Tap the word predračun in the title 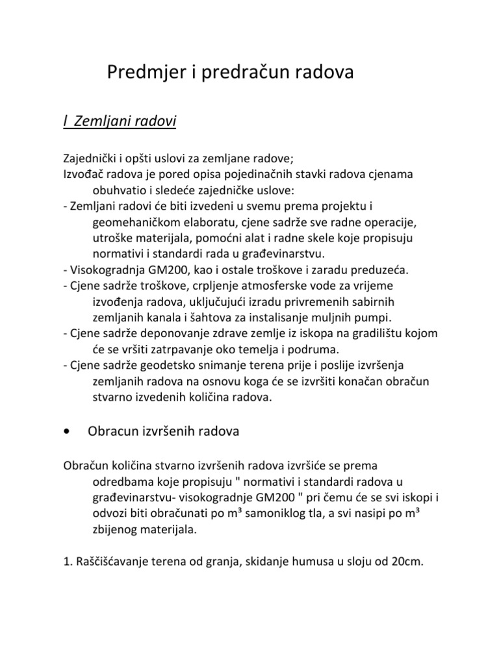coord(242,73)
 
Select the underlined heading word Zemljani coord(101,121)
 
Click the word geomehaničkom coord(126,222)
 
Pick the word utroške coord(107,238)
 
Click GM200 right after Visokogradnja coord(164,269)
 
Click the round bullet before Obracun coord(67,432)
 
